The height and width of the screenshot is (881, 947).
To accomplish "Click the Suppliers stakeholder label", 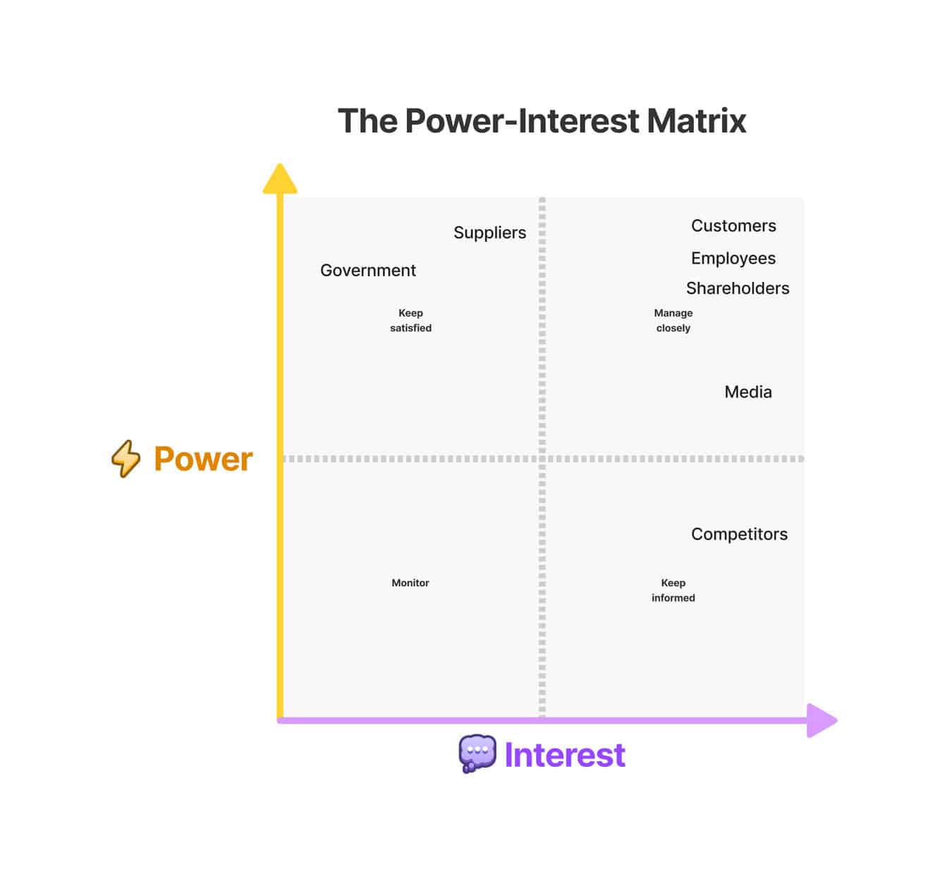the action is point(489,233).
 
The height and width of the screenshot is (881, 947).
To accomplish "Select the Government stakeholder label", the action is point(367,271).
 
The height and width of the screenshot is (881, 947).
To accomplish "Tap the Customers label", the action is point(733,226).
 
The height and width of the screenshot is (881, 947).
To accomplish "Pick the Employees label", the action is point(733,259).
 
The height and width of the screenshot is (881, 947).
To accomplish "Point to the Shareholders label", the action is point(738,288).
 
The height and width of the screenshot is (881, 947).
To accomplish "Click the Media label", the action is point(748,392).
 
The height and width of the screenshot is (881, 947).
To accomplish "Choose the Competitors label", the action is point(739,534).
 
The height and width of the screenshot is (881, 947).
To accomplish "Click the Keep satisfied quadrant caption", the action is point(410,321).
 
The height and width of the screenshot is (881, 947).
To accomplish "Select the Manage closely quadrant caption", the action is point(673,321).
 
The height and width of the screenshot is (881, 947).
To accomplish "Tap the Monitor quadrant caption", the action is point(410,583).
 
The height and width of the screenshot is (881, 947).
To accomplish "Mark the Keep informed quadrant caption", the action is point(673,590).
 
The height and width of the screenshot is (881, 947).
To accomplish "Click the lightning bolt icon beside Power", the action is point(126,459).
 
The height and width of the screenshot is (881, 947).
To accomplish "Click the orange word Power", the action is point(203,459).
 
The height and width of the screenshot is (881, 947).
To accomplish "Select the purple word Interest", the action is point(565,755).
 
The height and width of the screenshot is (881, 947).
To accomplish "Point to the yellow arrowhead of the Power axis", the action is point(280,179).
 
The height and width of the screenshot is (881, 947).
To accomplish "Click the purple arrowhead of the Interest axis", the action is point(821,720).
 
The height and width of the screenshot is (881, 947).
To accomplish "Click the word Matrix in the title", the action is point(696,121).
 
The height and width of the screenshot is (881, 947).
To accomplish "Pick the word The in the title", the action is point(367,121).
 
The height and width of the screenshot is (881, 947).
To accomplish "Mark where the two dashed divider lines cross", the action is point(542,459).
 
